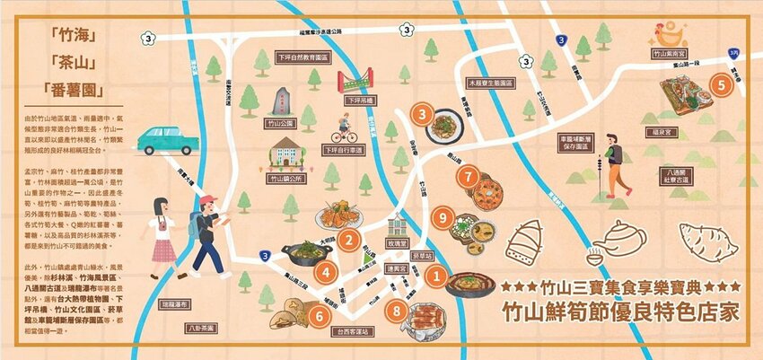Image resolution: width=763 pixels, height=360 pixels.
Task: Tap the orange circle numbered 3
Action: click(x=422, y=114)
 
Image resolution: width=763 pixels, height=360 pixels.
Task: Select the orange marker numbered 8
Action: click(x=398, y=311)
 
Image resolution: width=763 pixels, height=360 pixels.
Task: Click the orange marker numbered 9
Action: click(x=440, y=216)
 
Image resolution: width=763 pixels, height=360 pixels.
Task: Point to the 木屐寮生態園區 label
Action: click(x=489, y=83)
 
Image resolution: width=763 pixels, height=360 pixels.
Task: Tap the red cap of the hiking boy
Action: click(x=208, y=199)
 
